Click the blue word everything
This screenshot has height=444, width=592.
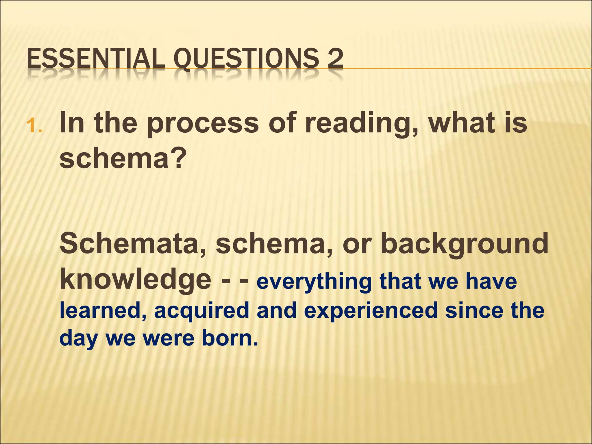(314, 282)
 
